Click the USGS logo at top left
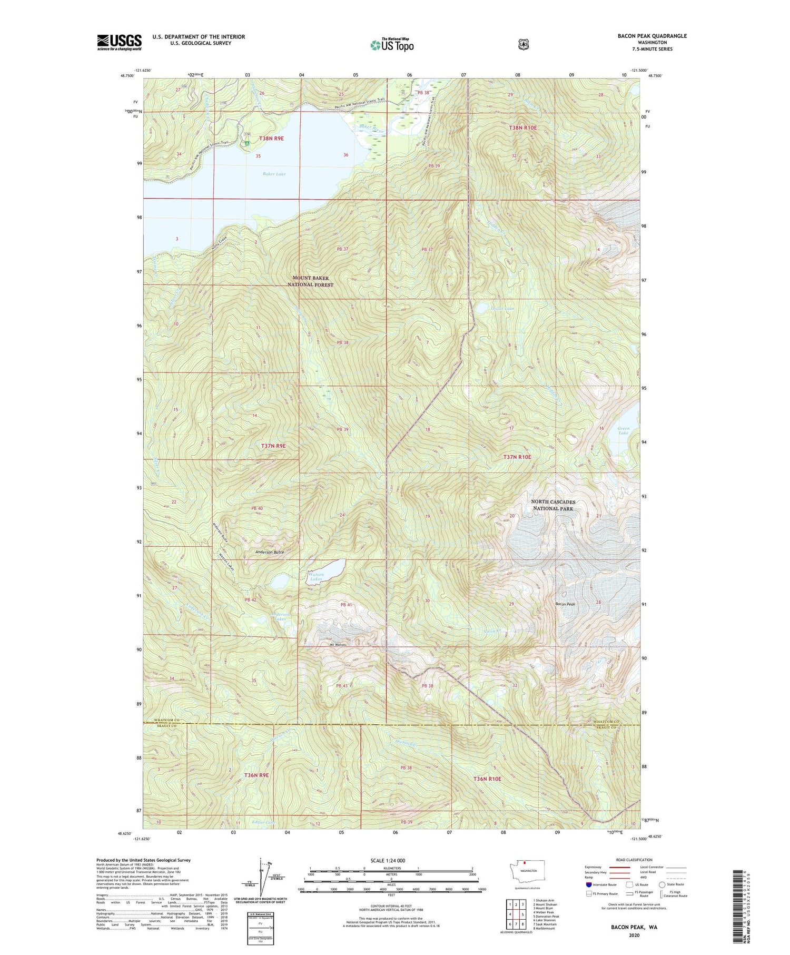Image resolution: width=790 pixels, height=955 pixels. pyautogui.click(x=119, y=42)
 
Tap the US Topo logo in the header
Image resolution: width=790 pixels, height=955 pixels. pyautogui.click(x=392, y=45)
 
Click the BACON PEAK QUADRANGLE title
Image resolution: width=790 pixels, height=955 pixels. pyautogui.click(x=652, y=36)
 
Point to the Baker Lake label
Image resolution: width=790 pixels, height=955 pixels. pyautogui.click(x=274, y=173)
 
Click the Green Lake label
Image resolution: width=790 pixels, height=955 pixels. pyautogui.click(x=623, y=430)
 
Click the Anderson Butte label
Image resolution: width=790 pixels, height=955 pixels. pyautogui.click(x=270, y=552)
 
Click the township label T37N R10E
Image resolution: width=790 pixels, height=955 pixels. pyautogui.click(x=517, y=457)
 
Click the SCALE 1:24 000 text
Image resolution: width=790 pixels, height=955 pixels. pyautogui.click(x=388, y=861)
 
